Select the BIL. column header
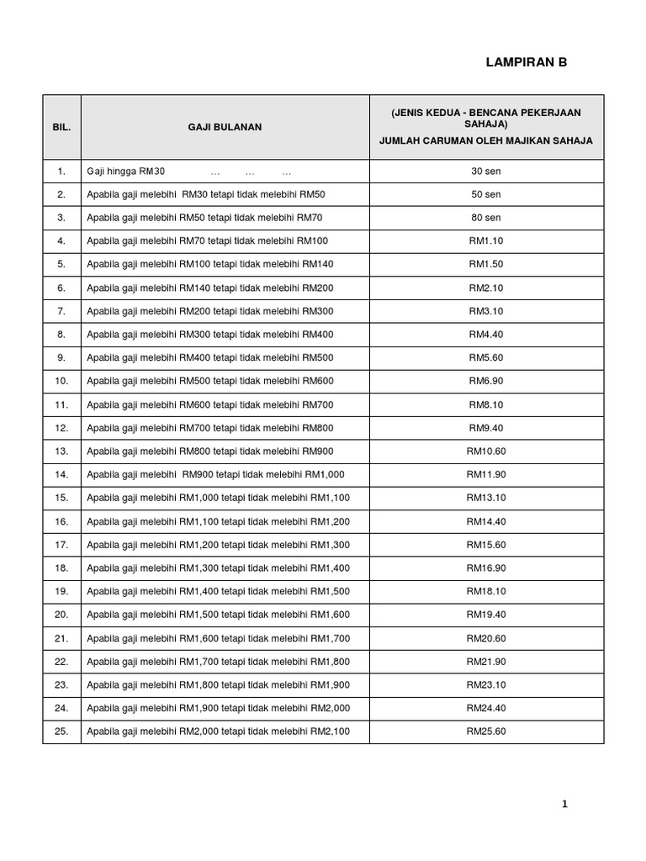coord(61,127)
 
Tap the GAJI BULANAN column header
coord(225,127)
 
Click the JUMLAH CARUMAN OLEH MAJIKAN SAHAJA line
coord(485,141)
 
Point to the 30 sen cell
coord(485,172)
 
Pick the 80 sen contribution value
coord(485,218)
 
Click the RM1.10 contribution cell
coord(485,241)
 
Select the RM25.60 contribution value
coord(485,732)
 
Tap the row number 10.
coord(61,381)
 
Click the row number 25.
coord(61,732)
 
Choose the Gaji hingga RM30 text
coord(126,172)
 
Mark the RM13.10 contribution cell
coord(485,498)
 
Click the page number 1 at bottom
coord(565,805)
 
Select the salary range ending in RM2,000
coord(218,708)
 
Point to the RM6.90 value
coord(485,381)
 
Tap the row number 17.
coord(61,545)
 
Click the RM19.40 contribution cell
coord(485,615)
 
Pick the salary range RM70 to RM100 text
coord(207,241)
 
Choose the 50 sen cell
coord(485,194)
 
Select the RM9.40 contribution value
coord(485,428)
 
